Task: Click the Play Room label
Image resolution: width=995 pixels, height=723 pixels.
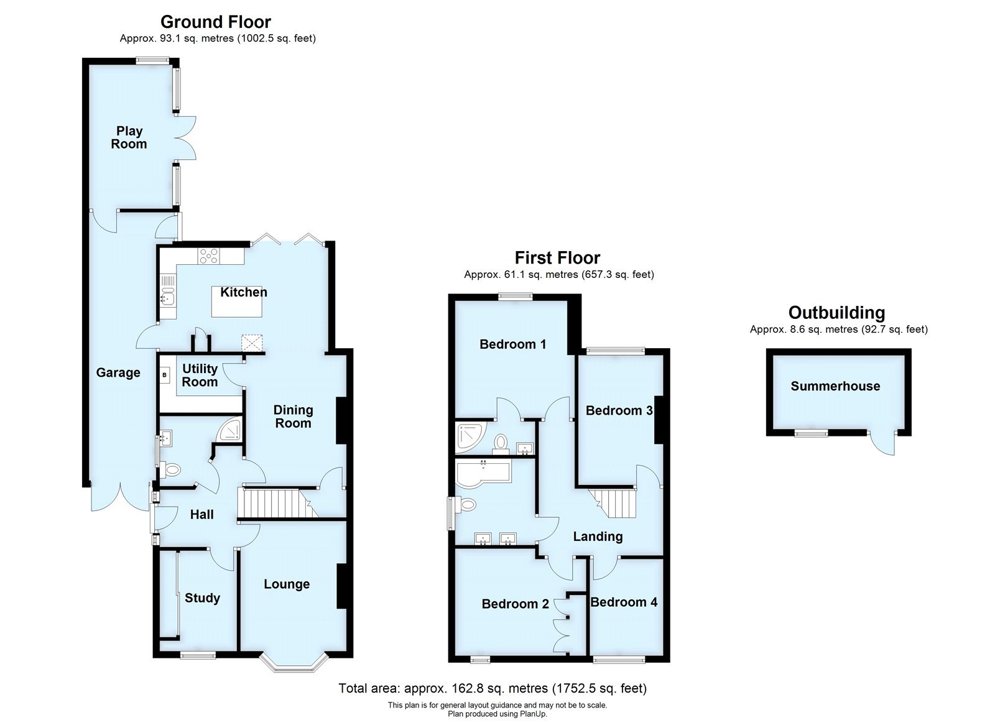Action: click(129, 137)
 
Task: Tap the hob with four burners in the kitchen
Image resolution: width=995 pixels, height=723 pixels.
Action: click(209, 256)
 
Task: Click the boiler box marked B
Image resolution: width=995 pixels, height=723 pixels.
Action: click(165, 375)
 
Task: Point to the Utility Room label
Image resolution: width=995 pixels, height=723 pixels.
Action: click(200, 375)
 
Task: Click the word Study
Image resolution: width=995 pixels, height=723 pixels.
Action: click(202, 598)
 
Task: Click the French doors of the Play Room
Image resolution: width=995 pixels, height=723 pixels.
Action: click(187, 138)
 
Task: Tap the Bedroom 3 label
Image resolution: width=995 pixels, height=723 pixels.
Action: click(619, 410)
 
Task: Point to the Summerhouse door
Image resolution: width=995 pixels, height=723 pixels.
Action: click(882, 442)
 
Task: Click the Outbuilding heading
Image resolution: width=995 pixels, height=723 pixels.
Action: click(836, 313)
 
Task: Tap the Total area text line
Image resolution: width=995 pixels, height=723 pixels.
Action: click(493, 689)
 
